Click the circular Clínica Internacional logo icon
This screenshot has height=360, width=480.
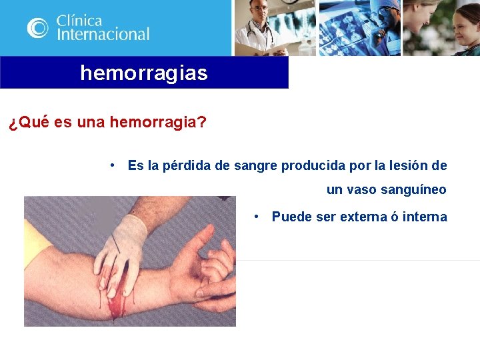(x=38, y=27)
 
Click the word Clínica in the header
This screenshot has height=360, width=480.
(x=79, y=20)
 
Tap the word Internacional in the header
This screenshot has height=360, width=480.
(x=103, y=34)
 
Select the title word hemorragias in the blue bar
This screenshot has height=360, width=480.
(x=144, y=73)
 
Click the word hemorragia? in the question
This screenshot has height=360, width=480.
(x=157, y=123)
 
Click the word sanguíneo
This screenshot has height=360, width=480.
(x=413, y=190)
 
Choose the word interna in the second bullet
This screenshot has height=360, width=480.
(x=425, y=217)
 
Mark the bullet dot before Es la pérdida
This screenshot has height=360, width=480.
(x=115, y=165)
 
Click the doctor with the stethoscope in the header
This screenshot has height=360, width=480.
(x=260, y=28)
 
